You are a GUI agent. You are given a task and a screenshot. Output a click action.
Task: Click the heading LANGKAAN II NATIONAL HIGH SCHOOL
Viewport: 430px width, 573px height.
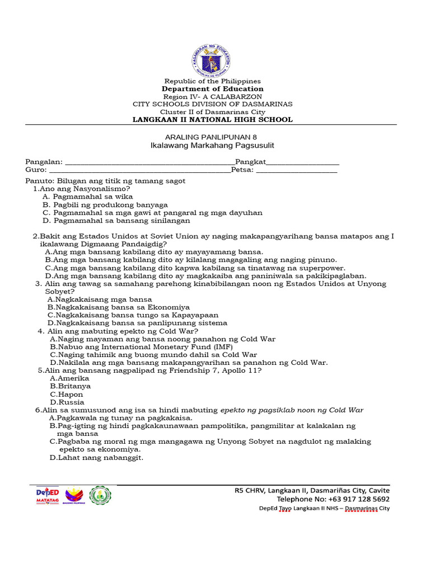[212, 120]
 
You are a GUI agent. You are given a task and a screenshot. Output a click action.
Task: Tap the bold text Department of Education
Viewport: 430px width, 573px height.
[212, 89]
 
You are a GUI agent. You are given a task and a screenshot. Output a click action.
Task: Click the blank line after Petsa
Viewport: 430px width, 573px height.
[296, 171]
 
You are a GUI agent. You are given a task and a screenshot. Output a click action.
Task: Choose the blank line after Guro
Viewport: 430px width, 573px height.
[139, 171]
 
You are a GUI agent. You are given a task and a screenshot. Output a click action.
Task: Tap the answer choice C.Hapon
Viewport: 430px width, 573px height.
[67, 394]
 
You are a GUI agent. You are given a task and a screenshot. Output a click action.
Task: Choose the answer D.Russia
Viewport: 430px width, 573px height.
[67, 402]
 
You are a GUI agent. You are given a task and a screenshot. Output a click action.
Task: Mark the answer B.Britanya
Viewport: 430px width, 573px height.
[70, 386]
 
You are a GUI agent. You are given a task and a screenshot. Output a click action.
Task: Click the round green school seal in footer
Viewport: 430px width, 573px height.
[101, 495]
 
